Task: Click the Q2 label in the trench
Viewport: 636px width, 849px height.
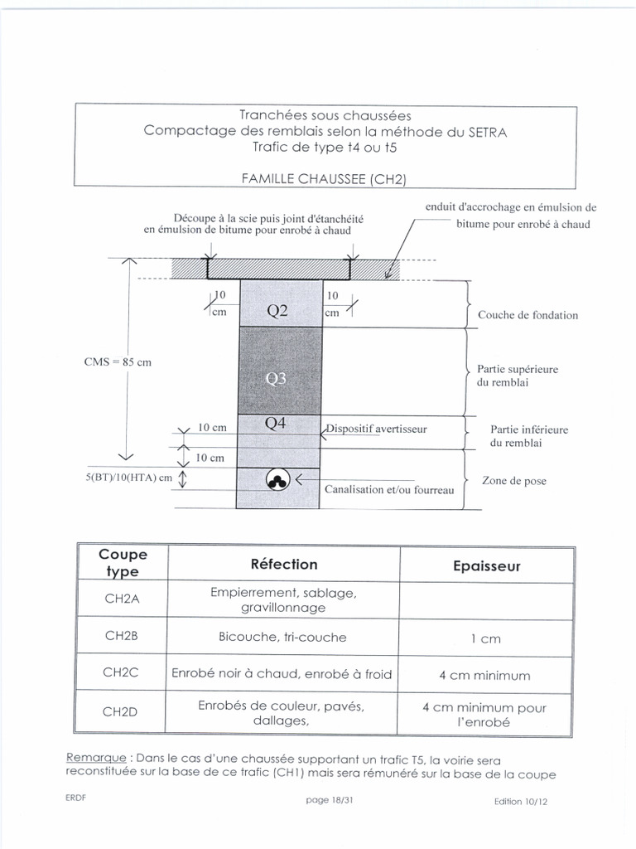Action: pos(277,312)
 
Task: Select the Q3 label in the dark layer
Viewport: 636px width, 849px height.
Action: pos(277,379)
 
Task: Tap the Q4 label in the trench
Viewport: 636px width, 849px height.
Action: pos(276,424)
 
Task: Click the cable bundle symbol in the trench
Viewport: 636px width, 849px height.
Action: pos(277,480)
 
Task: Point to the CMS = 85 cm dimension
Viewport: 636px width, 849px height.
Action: pos(118,361)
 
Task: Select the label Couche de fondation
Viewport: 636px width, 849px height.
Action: pos(528,315)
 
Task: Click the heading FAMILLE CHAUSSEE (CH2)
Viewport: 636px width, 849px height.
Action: pos(323,177)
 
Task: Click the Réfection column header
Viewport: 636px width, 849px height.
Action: pos(283,564)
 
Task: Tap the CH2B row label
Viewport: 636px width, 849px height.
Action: pos(122,637)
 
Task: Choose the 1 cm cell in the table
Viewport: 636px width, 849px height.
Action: pos(486,638)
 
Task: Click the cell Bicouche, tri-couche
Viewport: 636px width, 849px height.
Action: pos(283,637)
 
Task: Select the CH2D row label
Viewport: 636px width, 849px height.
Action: pos(122,711)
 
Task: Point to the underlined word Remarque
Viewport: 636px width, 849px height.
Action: pos(95,759)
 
